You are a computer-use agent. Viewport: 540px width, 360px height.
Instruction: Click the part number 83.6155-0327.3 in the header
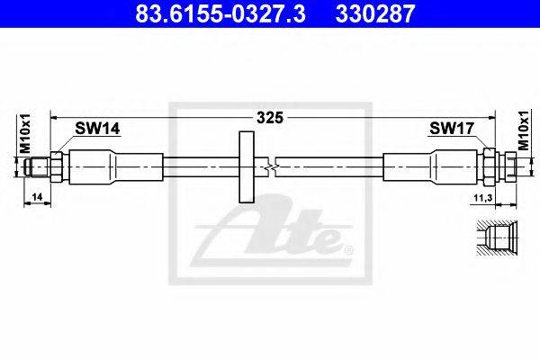(x=220, y=13)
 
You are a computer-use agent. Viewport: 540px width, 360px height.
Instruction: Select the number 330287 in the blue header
(x=375, y=13)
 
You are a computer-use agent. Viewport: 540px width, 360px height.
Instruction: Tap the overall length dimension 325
(x=270, y=118)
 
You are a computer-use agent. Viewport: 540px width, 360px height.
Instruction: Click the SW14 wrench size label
(x=97, y=129)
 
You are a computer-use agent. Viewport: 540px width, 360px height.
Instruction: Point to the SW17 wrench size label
(x=452, y=129)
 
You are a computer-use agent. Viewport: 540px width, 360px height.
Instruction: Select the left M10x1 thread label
(x=25, y=133)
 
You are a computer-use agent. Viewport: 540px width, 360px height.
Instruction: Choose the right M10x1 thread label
(x=524, y=130)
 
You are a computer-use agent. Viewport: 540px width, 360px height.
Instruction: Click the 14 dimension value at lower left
(x=37, y=197)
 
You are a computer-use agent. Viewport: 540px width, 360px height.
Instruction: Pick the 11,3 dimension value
(x=483, y=198)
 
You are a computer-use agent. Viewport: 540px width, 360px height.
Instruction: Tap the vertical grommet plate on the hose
(x=247, y=166)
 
